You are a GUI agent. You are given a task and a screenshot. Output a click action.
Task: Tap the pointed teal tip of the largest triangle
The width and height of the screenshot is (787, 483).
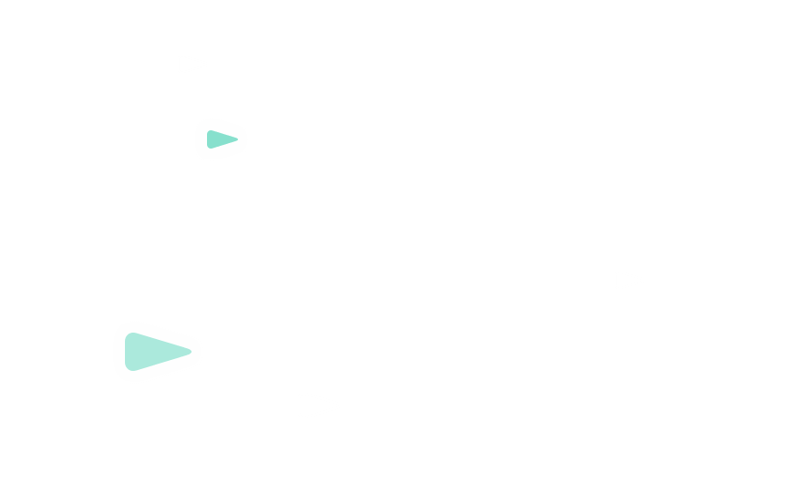click(x=191, y=351)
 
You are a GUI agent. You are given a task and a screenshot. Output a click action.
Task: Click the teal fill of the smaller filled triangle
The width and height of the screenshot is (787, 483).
click(x=218, y=139)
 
